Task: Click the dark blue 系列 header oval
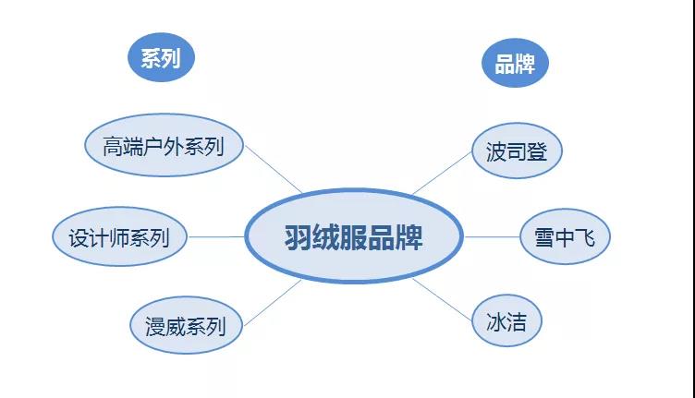(162, 57)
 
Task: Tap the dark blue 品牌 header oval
(515, 63)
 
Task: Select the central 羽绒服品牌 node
(354, 236)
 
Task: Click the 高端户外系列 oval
(164, 145)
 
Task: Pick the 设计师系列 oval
(119, 236)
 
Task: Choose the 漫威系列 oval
(186, 325)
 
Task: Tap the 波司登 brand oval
(517, 151)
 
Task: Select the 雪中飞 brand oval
(565, 236)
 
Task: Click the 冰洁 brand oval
(506, 320)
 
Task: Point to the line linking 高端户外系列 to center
(274, 170)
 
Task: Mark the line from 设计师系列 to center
(216, 236)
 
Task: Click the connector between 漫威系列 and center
(273, 303)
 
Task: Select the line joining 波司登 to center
(442, 173)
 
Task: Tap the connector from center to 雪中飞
(492, 236)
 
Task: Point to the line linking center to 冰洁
(442, 300)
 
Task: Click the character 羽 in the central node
(298, 237)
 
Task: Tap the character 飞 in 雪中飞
(585, 237)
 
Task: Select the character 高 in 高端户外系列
(113, 147)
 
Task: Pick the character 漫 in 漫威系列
(155, 327)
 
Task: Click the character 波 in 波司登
(496, 152)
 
